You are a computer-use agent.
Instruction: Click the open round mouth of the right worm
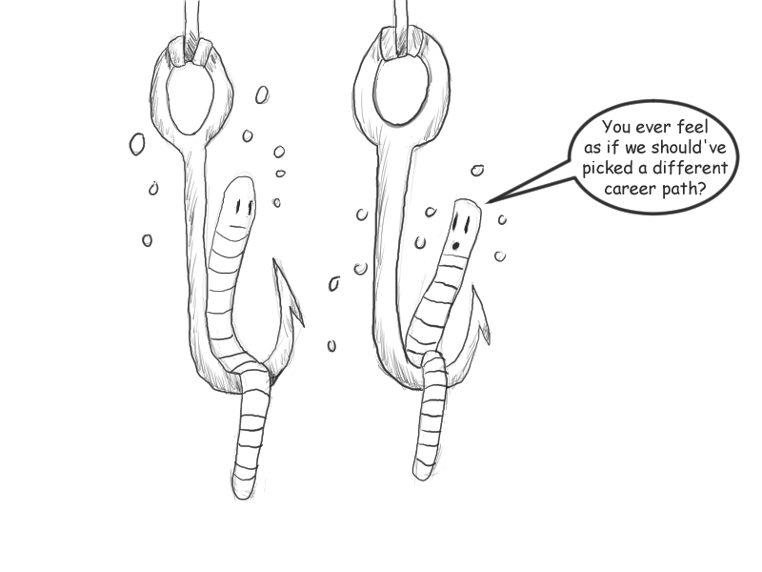click(455, 246)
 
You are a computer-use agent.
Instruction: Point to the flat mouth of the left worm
click(236, 226)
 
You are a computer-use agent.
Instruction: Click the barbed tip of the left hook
click(275, 261)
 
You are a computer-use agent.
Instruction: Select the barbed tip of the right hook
click(473, 288)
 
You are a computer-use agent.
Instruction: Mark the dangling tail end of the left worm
click(243, 492)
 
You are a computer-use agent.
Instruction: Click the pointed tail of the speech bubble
click(488, 202)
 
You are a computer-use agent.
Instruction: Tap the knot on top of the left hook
click(190, 52)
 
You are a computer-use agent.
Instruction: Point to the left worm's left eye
click(238, 208)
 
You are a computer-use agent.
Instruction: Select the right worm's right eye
click(466, 225)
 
